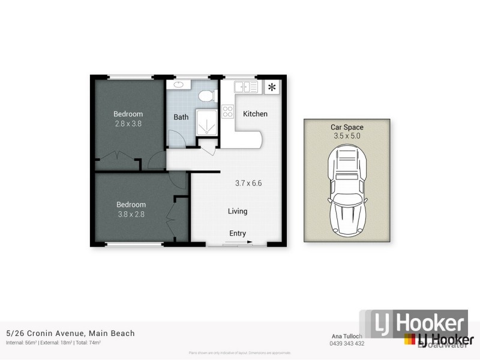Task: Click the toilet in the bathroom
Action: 206,96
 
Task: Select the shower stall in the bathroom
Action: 205,124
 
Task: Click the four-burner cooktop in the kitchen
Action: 228,111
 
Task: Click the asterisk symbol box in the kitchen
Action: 272,88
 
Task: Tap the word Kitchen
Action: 255,114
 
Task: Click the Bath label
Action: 181,117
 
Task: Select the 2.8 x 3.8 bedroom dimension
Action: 128,124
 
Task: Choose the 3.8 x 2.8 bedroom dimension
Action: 130,214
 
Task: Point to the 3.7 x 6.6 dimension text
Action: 248,184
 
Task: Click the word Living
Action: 238,211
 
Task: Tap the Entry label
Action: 238,233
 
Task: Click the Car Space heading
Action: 347,127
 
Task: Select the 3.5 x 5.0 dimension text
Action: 347,136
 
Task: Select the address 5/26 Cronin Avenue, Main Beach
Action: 70,334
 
